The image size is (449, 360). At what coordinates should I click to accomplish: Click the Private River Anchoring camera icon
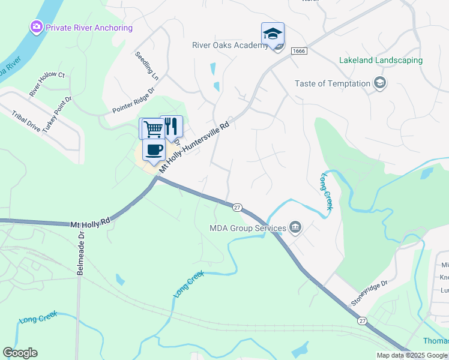(37, 27)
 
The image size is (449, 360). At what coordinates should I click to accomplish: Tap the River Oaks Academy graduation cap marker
(273, 34)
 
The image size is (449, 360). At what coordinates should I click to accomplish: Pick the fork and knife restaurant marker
(171, 126)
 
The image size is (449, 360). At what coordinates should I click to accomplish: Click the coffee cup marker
(154, 150)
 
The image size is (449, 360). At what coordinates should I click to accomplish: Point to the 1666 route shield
(299, 52)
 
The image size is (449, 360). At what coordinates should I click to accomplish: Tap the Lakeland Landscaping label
(381, 61)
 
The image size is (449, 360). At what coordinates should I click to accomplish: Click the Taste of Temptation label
(333, 83)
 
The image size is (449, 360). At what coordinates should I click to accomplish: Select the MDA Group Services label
(247, 228)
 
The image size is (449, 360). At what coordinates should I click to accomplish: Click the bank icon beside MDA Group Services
(295, 227)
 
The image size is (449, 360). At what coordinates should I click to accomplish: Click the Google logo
(20, 353)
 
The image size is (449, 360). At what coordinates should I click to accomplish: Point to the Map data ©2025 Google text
(412, 355)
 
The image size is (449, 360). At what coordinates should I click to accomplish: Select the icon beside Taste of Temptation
(379, 83)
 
